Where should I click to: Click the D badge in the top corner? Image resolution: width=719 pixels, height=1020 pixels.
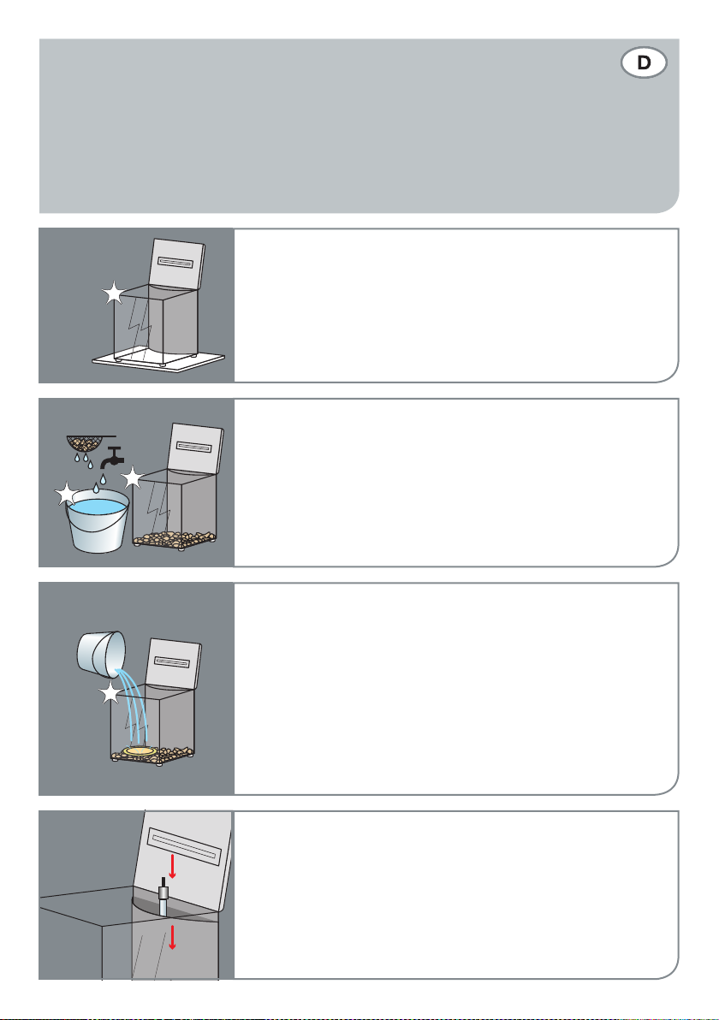[x=644, y=62]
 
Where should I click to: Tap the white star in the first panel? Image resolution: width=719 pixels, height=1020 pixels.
[x=114, y=294]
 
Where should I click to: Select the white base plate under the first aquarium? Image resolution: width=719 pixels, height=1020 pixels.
[x=158, y=362]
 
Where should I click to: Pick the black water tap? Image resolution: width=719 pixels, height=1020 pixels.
[x=113, y=457]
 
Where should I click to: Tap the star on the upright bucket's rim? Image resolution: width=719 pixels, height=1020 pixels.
[x=67, y=495]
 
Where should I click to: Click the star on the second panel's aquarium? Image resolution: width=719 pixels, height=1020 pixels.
[x=132, y=478]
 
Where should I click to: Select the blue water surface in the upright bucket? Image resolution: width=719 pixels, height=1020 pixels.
[x=98, y=506]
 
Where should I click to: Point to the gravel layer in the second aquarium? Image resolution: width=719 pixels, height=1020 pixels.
[x=175, y=540]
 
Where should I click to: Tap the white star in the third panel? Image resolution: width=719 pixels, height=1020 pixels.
[x=110, y=693]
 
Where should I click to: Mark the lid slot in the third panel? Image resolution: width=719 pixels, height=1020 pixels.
[x=172, y=663]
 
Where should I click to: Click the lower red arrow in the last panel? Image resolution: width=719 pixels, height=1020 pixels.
[x=172, y=937]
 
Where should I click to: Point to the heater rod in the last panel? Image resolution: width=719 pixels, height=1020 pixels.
[x=163, y=897]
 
